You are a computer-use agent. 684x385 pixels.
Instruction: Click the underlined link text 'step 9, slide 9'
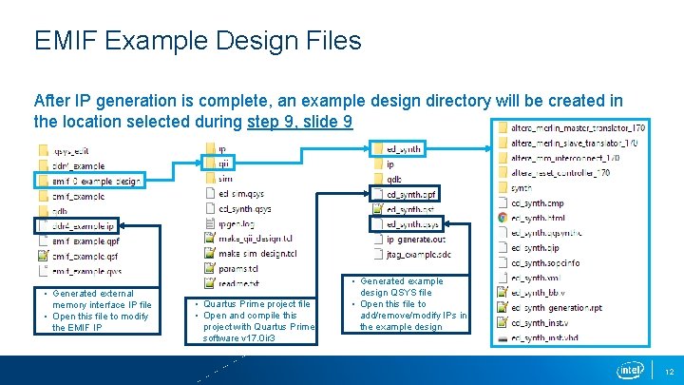tap(299, 122)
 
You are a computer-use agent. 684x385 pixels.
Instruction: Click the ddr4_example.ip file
tap(83, 226)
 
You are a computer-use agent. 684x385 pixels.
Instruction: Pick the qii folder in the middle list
tap(222, 164)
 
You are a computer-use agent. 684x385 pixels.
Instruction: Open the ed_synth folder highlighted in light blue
tap(404, 149)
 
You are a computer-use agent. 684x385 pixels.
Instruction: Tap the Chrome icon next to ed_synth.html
tap(502, 218)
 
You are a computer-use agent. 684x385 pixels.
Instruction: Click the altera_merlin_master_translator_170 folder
tap(578, 127)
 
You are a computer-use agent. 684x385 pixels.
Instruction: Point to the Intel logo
tap(630, 370)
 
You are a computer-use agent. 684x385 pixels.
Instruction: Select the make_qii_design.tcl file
tap(256, 239)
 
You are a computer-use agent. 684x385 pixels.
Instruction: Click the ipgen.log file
tap(237, 224)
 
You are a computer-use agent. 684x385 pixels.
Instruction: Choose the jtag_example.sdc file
tap(417, 255)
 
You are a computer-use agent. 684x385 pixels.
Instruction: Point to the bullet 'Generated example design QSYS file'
tap(400, 287)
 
